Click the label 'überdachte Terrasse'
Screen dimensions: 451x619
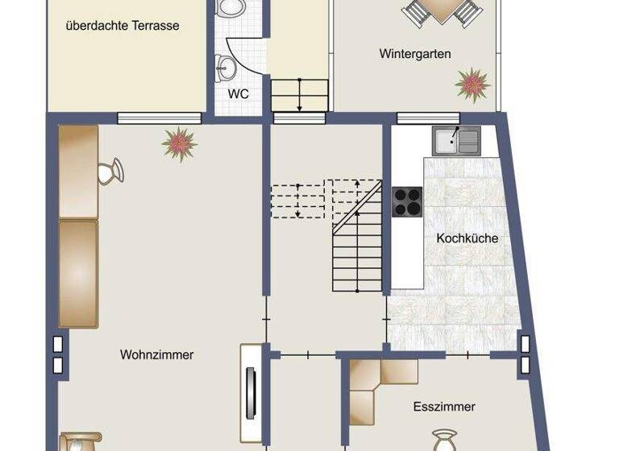[x=123, y=26]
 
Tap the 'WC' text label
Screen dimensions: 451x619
[x=238, y=93]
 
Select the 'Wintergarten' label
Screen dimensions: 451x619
[x=415, y=54]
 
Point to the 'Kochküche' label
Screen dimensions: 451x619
[x=467, y=238]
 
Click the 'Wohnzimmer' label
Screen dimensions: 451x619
[x=157, y=354]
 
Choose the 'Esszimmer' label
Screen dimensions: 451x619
[x=444, y=407]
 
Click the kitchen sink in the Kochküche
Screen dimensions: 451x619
[x=455, y=141]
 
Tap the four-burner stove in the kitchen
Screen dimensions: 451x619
[x=407, y=201]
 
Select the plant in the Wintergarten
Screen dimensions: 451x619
[x=472, y=82]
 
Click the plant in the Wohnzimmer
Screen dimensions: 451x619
[x=179, y=143]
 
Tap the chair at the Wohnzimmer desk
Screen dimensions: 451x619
[x=110, y=172]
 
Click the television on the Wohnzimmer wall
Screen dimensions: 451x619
[x=251, y=391]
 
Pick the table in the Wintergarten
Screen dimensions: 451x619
[x=441, y=10]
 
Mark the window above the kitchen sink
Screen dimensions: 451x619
[x=422, y=118]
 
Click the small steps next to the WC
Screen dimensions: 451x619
[x=299, y=94]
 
